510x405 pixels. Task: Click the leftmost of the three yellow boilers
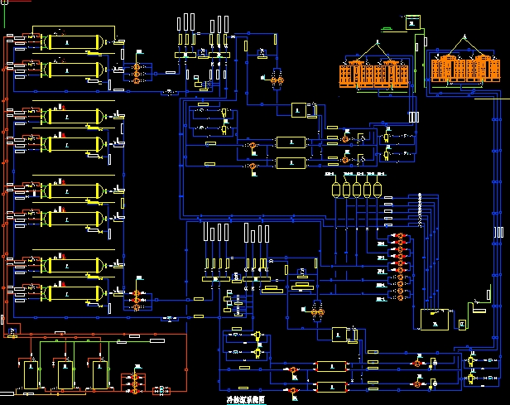[31, 374]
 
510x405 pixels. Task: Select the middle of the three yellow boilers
[63, 374]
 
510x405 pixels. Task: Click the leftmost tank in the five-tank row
[335, 190]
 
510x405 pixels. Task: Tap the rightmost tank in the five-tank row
[377, 190]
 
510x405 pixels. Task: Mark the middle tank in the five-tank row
[356, 190]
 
